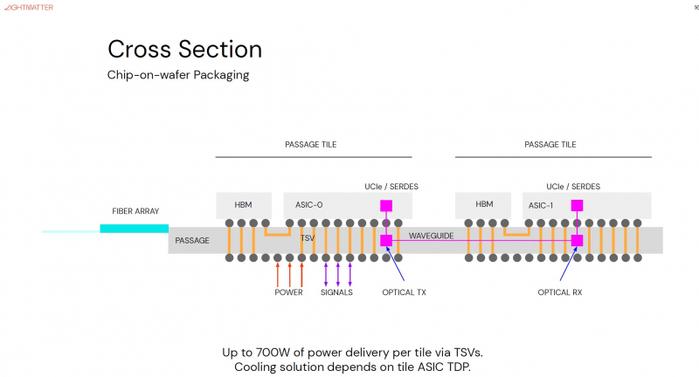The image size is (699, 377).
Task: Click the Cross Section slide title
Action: coord(184,48)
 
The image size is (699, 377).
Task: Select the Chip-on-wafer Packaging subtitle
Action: coord(178,75)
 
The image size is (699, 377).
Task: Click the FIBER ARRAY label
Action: coord(135,211)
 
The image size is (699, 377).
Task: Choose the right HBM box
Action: coord(484,205)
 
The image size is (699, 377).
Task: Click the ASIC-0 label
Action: coord(303,205)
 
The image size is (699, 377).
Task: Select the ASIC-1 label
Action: coord(541,205)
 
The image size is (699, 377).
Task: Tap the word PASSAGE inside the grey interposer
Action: coord(192,240)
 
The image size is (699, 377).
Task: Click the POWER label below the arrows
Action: coord(288,292)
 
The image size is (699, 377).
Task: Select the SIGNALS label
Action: coord(336,292)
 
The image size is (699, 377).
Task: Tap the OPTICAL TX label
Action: coord(404,292)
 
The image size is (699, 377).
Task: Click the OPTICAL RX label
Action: coord(559,292)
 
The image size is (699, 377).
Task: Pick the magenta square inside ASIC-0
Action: coord(385,207)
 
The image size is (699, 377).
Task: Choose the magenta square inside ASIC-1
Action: coord(577,207)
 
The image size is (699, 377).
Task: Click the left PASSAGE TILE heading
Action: coord(310,145)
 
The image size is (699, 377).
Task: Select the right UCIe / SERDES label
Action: coord(573,187)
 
